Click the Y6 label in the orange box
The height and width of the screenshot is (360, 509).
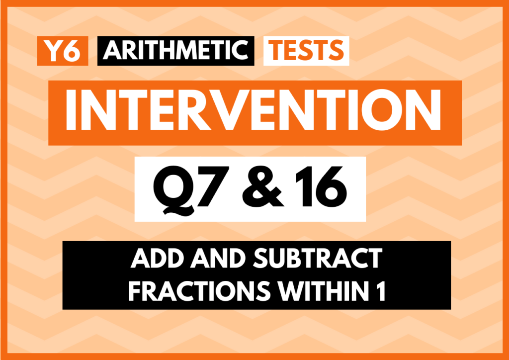[x=62, y=51]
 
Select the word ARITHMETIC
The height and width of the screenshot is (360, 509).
[x=175, y=51]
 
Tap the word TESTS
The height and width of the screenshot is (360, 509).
[x=306, y=51]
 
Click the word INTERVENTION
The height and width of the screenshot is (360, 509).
[x=254, y=110]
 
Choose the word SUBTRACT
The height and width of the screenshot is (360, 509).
[x=318, y=258]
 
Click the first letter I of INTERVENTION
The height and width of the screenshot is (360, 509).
[x=71, y=110]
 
